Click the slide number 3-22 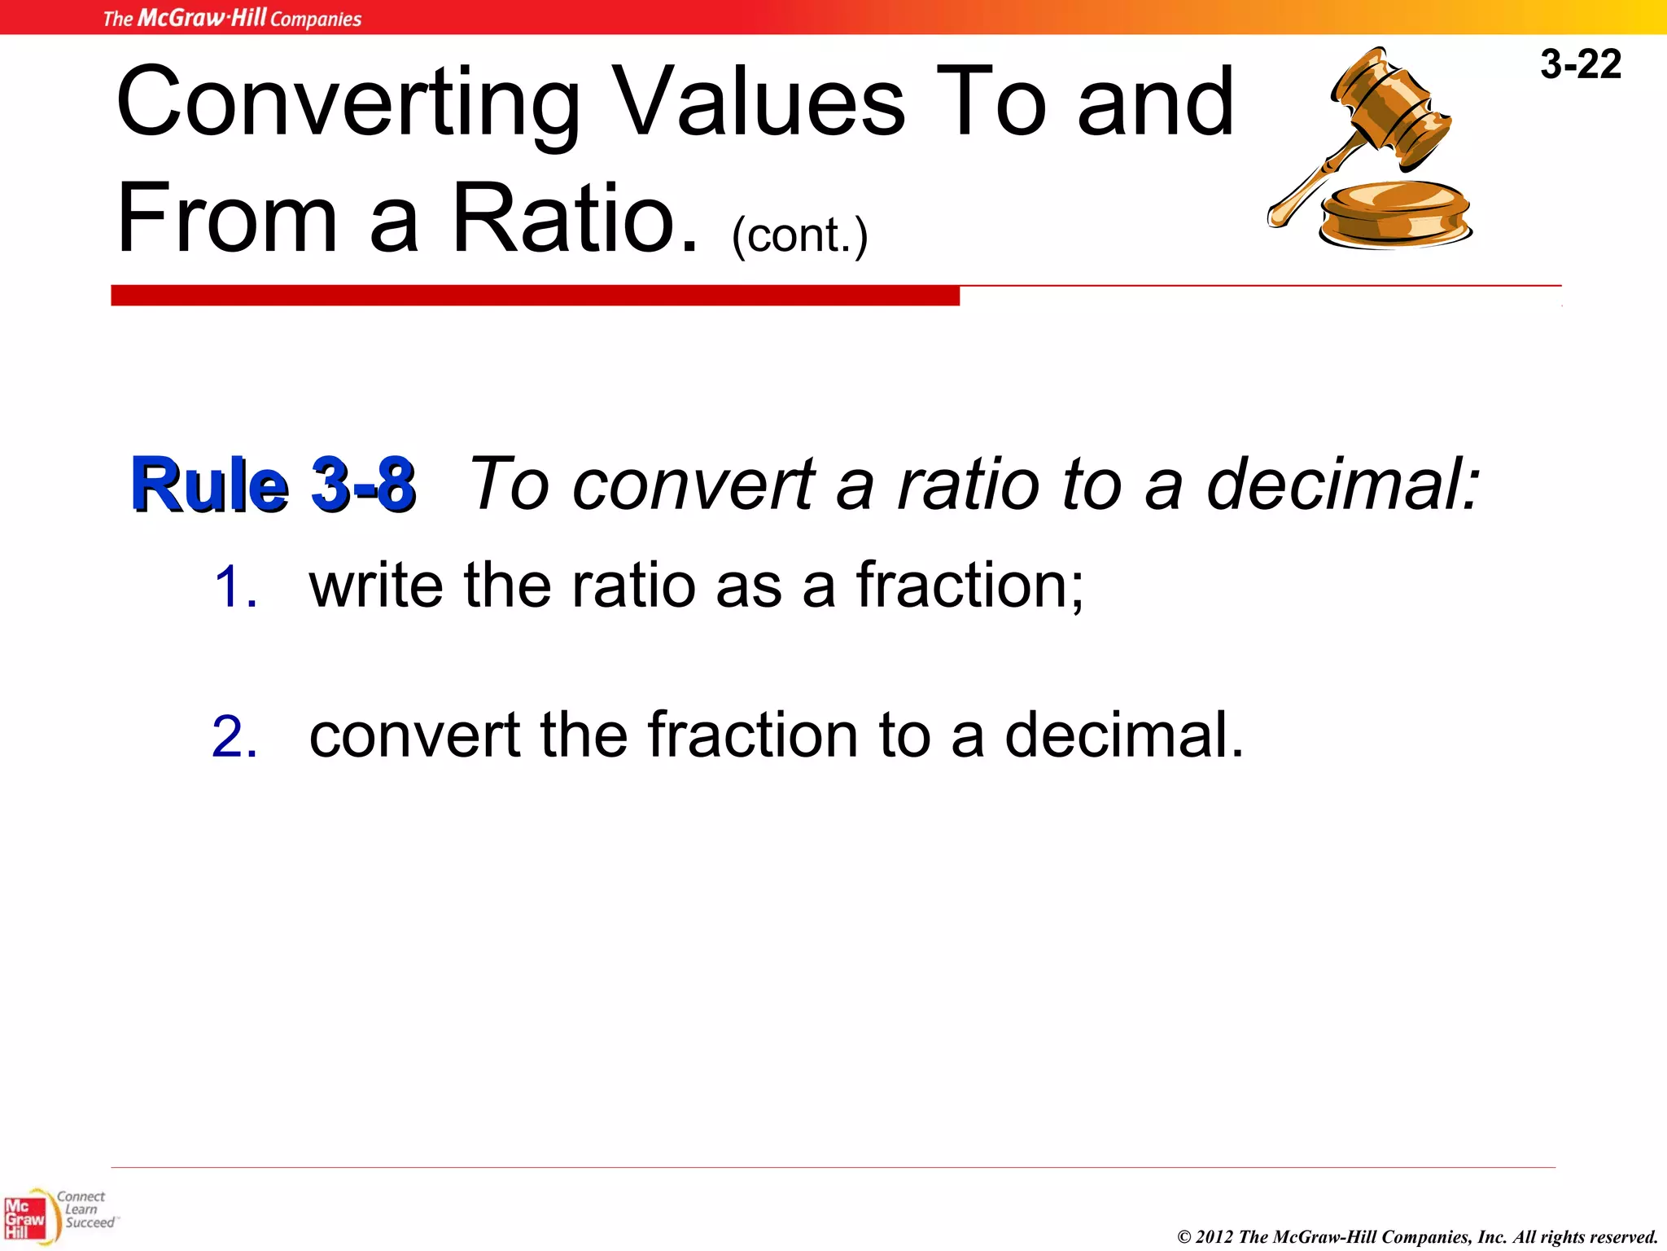(1580, 64)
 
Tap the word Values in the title (758, 103)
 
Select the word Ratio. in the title (575, 218)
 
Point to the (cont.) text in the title (799, 236)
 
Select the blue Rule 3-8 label (273, 485)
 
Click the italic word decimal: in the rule (1342, 484)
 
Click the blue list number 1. (236, 587)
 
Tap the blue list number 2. (234, 737)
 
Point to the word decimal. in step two (1124, 735)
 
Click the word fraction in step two (753, 735)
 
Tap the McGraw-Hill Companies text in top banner (232, 18)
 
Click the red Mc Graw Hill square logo (24, 1218)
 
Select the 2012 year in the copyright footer (1214, 1236)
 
